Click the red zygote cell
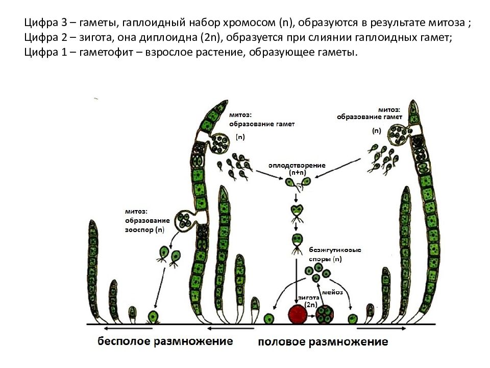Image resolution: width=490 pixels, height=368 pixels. point(298,314)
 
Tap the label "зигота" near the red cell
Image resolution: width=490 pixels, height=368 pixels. point(308,297)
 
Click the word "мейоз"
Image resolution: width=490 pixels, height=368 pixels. point(332,292)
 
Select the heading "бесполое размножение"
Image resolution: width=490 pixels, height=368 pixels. point(165,341)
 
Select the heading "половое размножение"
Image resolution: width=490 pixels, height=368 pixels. point(323,342)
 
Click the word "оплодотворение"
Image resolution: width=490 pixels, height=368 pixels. point(297,165)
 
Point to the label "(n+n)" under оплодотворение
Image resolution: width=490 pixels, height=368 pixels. point(297,172)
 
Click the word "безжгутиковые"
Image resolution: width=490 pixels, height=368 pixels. point(335,250)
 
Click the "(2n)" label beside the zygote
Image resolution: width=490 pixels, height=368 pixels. point(311,305)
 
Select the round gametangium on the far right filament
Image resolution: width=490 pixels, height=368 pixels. point(398,135)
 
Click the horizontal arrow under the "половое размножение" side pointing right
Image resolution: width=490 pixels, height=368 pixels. point(381,329)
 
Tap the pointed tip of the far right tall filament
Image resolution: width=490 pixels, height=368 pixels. point(413,101)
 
